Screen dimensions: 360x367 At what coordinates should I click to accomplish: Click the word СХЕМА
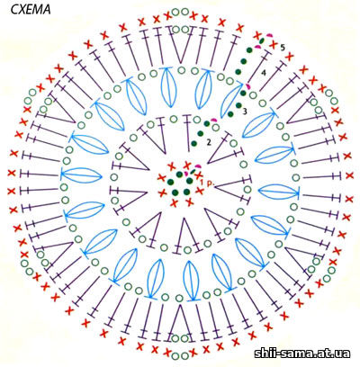[31, 10]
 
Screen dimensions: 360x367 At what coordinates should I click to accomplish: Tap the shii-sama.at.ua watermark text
[302, 354]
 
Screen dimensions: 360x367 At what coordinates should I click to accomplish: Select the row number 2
[209, 142]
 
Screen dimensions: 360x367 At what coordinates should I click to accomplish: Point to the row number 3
[245, 112]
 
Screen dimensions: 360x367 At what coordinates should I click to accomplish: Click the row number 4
[264, 73]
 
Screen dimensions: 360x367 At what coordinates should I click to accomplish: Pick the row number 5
[283, 47]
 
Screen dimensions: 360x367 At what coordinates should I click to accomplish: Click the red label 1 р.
[206, 183]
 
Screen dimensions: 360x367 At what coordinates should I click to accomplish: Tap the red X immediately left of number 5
[273, 45]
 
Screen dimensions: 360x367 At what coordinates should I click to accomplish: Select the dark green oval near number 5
[262, 40]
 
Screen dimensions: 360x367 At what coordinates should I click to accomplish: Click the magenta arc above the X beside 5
[269, 36]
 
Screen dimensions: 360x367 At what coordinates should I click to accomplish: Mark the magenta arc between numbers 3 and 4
[247, 86]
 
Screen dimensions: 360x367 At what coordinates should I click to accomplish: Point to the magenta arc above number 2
[213, 121]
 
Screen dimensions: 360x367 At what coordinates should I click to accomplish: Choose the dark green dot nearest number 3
[238, 105]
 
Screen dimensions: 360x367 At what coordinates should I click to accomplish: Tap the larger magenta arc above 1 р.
[198, 166]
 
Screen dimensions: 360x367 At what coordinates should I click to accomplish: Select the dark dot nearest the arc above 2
[207, 123]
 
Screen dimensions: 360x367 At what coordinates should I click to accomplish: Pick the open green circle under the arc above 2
[215, 128]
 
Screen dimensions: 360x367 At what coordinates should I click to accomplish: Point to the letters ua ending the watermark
[344, 354]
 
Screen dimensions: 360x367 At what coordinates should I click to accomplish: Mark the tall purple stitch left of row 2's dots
[188, 132]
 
